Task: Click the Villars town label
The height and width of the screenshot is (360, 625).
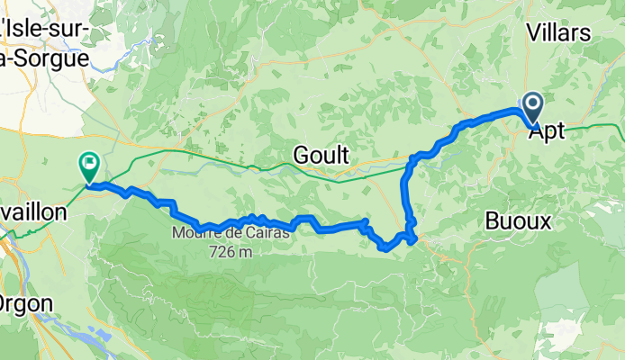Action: (557, 34)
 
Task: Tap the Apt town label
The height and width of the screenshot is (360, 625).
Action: (547, 131)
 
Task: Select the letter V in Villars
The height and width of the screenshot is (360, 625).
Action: (531, 34)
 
